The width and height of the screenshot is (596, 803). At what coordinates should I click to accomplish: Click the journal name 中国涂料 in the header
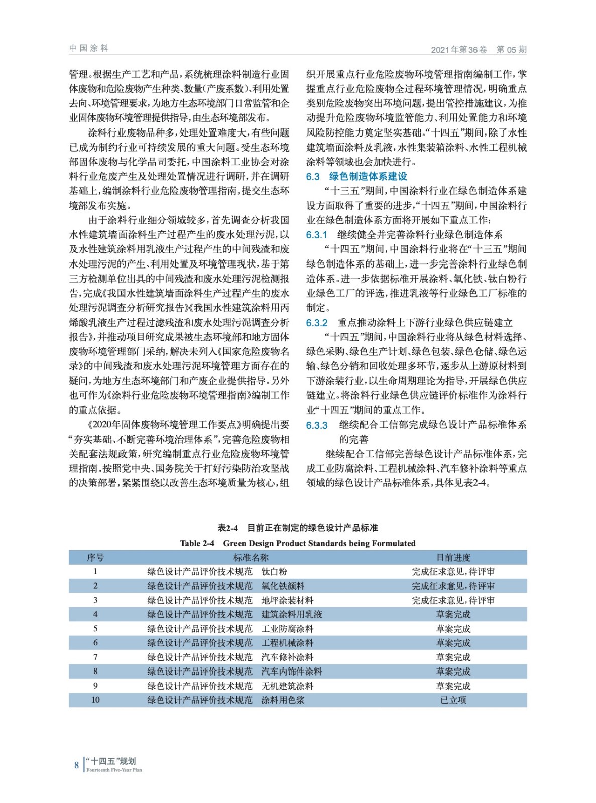pos(89,48)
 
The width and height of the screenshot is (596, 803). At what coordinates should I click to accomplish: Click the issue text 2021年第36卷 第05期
pos(479,50)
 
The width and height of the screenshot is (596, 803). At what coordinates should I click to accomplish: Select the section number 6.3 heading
pos(313,176)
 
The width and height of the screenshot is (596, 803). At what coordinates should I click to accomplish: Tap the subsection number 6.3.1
pos(316,235)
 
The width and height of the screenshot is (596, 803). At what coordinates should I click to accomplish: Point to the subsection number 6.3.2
pos(316,323)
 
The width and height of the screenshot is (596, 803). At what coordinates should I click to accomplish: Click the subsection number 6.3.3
pos(316,425)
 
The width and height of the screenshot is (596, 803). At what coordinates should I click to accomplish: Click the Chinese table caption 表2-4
pos(227,528)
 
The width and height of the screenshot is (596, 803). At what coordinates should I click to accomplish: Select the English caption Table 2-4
pos(197,543)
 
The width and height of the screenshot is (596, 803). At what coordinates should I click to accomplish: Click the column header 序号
pos(95,557)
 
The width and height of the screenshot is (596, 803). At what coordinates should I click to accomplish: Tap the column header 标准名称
pos(251,557)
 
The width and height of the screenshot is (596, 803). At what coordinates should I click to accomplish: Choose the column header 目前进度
pos(453,557)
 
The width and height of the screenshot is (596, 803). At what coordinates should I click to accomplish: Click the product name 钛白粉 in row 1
pos(274,572)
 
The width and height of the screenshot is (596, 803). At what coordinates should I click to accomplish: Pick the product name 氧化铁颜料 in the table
pos(283,586)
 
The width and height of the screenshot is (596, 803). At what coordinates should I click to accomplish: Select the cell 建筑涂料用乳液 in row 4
pos(292,614)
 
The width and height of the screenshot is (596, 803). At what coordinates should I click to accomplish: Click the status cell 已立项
pos(453,700)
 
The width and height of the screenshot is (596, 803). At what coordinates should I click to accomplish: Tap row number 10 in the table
pos(95,700)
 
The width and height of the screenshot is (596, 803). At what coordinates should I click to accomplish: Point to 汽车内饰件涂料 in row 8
pos(292,672)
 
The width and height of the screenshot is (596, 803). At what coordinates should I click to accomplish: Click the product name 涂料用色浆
pos(283,700)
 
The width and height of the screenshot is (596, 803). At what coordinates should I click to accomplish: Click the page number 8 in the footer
pos(76,765)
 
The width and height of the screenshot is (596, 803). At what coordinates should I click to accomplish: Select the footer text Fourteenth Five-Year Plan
pos(114,770)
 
